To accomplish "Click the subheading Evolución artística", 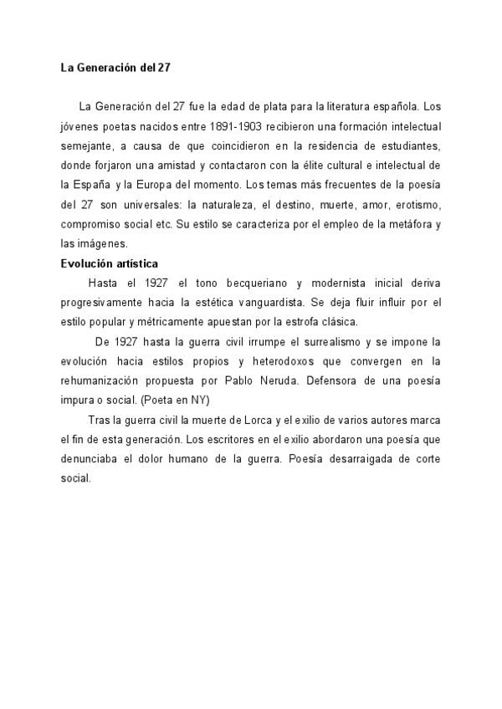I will coord(110,263).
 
